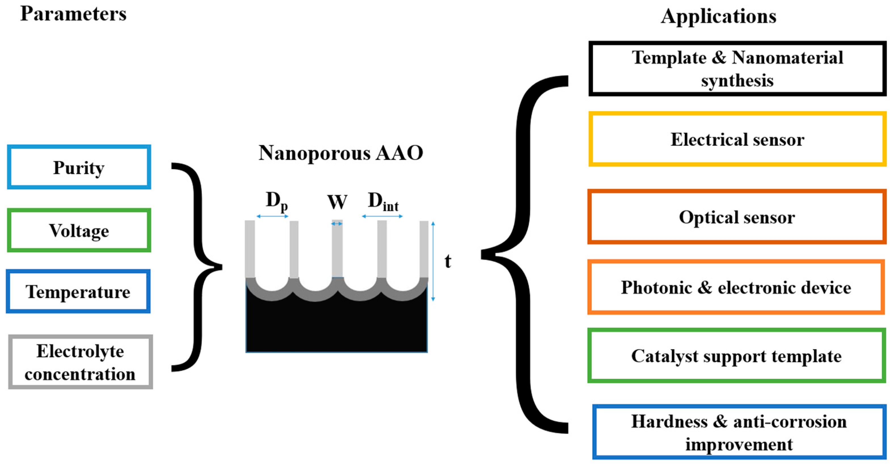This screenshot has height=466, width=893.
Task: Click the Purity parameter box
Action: point(79,167)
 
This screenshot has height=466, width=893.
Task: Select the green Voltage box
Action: point(79,230)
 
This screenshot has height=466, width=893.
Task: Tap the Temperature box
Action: point(78,292)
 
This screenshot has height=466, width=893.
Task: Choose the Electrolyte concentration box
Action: point(81,362)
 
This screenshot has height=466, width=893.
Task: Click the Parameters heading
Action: point(73,14)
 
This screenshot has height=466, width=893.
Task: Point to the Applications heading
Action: point(718,16)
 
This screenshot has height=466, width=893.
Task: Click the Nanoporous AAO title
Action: point(340,153)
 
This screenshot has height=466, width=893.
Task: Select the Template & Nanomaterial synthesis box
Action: point(737,69)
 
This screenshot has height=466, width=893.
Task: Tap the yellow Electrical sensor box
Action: point(737,139)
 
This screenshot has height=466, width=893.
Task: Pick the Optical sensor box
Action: point(736,217)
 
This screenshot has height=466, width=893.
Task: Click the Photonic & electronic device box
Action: point(736,287)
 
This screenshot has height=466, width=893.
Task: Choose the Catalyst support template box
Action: point(736,356)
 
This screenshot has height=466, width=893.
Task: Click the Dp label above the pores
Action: point(276,201)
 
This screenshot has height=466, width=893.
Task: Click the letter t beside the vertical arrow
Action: point(448,262)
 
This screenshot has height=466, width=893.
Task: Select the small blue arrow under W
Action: point(337,224)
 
